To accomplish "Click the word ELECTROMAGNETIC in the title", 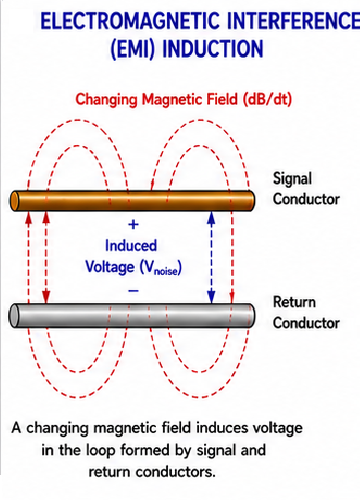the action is tap(130, 21).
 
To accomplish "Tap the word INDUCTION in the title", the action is tap(213, 49).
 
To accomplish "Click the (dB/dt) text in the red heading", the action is tap(267, 99).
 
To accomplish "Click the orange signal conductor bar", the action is tap(132, 201).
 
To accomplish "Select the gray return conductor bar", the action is tap(132, 315).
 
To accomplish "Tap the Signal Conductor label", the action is tap(306, 189).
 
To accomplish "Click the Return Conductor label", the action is tap(306, 313).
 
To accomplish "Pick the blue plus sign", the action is tap(133, 224).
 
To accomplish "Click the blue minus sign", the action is tap(133, 291).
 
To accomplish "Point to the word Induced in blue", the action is tap(131, 246).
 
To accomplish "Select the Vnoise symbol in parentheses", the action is tap(160, 267).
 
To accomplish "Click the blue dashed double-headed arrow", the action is tap(211, 257).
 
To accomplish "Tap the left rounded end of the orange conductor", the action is tap(14, 201).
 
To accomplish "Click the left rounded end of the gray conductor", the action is tap(14, 316).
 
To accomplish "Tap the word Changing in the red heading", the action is tap(106, 100).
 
